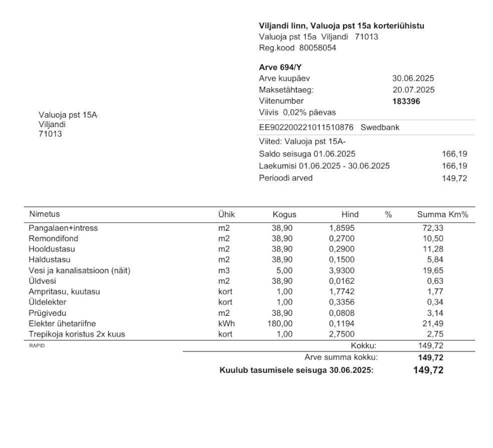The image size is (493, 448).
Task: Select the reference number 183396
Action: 406,101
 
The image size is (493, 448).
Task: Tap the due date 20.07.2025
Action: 413,90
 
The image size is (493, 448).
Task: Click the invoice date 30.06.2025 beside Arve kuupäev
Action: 413,78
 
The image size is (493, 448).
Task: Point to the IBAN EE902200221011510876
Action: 306,127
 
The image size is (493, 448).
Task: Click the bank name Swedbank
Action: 380,127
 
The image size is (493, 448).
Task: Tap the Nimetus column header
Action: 44,214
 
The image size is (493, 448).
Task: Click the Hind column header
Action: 350,214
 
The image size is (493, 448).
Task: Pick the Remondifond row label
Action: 51,239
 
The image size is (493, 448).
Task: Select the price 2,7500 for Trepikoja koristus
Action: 341,334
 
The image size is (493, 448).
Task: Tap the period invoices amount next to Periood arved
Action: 454,178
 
